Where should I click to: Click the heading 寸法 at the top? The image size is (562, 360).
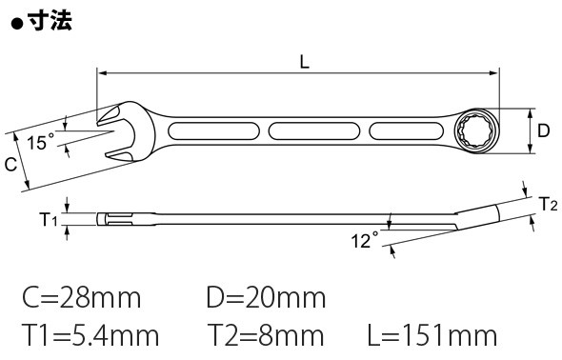(50, 20)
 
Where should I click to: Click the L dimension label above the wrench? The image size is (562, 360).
(304, 62)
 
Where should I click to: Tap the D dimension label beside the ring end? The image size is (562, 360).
(543, 130)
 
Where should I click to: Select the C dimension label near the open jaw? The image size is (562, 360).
(11, 165)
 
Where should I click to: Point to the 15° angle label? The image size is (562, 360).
(41, 142)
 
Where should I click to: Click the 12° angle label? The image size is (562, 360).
(365, 240)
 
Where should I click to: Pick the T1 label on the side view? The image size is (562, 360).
(48, 220)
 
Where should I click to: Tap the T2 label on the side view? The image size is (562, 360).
(549, 205)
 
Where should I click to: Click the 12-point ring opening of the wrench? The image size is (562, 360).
(475, 131)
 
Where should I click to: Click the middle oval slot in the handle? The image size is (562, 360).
(314, 131)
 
